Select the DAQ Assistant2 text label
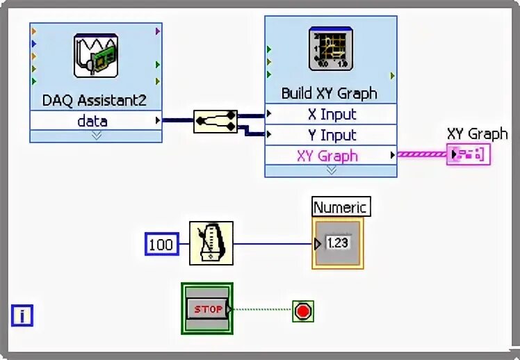(x=95, y=100)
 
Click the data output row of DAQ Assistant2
(x=92, y=121)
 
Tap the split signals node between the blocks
(x=215, y=121)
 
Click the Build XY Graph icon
(x=331, y=50)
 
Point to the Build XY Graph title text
(x=330, y=93)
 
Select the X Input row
(x=331, y=114)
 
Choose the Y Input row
(x=331, y=135)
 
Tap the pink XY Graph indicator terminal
(x=469, y=154)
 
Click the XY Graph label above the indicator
(x=477, y=134)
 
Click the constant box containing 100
(x=161, y=244)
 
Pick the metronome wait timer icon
(x=211, y=243)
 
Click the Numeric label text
(x=339, y=207)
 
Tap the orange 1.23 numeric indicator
(x=337, y=244)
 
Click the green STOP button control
(x=207, y=309)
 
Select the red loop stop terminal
(x=303, y=311)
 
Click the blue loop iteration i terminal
(x=22, y=316)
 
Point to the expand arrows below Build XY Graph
(x=331, y=170)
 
